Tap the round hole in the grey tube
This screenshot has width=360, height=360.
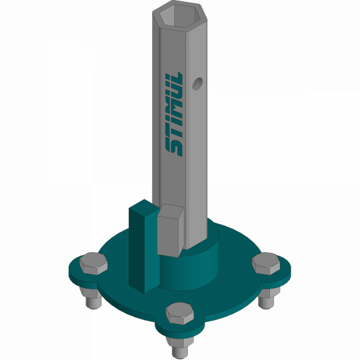click(197, 84)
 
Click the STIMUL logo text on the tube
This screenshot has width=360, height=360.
click(174, 114)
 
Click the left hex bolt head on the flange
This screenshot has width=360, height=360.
click(93, 263)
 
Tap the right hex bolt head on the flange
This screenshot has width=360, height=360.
click(266, 263)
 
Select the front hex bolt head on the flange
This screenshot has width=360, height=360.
click(180, 313)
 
